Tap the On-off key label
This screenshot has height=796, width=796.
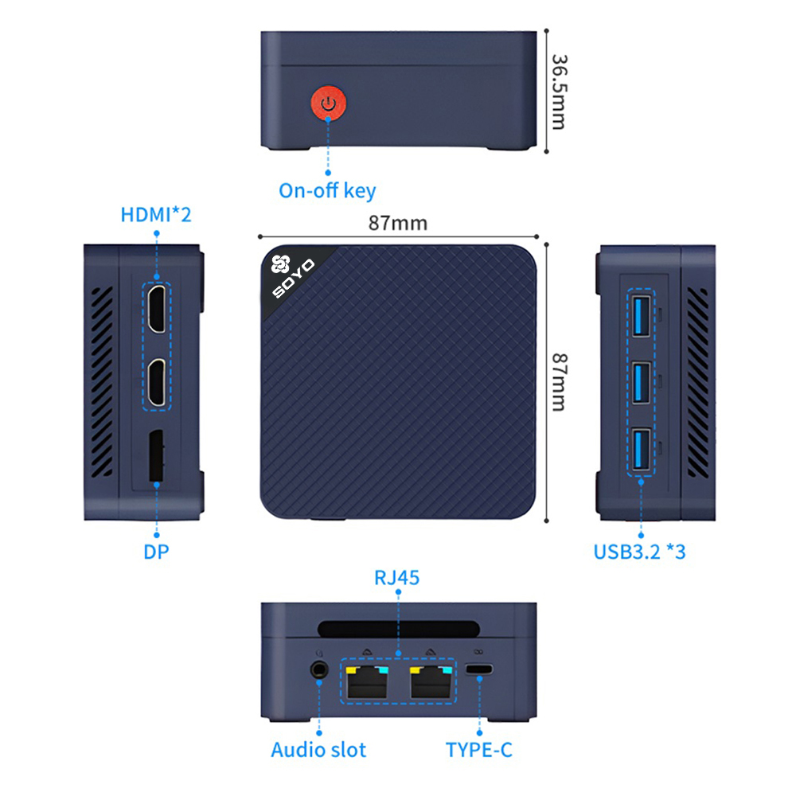327,191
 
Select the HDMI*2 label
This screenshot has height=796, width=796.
156,215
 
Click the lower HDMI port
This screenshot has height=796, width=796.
158,383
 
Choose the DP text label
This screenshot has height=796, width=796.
157,552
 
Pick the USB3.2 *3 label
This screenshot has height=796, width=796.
639,552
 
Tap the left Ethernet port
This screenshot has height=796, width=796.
366,681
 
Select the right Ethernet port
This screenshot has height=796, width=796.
431,681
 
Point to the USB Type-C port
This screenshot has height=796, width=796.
479,670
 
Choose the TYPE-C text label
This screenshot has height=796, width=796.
479,750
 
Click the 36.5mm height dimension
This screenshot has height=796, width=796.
559,92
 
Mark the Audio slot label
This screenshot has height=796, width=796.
318,750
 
